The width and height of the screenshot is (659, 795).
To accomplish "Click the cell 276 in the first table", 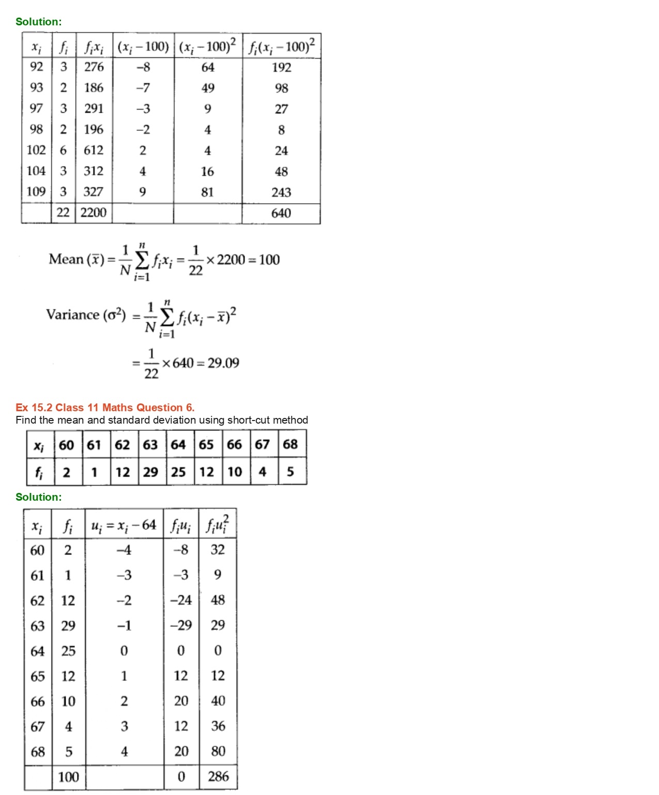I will pyautogui.click(x=94, y=67).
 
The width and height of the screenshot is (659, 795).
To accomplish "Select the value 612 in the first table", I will pyautogui.click(x=94, y=150).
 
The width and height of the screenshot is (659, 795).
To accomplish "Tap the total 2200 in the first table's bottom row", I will pyautogui.click(x=94, y=213).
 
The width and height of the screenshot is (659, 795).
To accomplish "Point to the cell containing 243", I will pyautogui.click(x=281, y=192).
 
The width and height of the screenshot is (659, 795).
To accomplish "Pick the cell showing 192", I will pyautogui.click(x=281, y=67).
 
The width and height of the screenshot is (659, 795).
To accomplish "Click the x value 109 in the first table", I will pyautogui.click(x=36, y=192).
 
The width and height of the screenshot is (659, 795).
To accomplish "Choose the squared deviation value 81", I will pyautogui.click(x=207, y=192).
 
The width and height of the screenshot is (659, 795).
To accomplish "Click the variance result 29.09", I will pyautogui.click(x=223, y=363).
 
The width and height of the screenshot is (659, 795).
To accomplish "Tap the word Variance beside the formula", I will pyautogui.click(x=72, y=315).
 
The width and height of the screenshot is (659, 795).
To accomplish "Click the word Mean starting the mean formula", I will pyautogui.click(x=66, y=259).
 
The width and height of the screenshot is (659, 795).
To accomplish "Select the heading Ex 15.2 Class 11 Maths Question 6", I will pyautogui.click(x=105, y=408).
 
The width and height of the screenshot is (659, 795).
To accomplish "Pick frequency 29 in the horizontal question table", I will pyautogui.click(x=150, y=472).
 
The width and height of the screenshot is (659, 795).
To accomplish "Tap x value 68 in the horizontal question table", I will pyautogui.click(x=290, y=444).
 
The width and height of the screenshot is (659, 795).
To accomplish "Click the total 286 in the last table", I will pyautogui.click(x=218, y=776).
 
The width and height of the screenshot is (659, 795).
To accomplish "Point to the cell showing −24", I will pyautogui.click(x=181, y=600).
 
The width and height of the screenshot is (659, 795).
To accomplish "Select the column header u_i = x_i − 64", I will pyautogui.click(x=124, y=526).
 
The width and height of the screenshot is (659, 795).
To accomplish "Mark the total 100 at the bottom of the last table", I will pyautogui.click(x=68, y=777).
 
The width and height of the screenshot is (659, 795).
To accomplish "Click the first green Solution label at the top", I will pyautogui.click(x=38, y=22).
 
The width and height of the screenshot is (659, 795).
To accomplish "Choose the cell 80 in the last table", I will pyautogui.click(x=218, y=751).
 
